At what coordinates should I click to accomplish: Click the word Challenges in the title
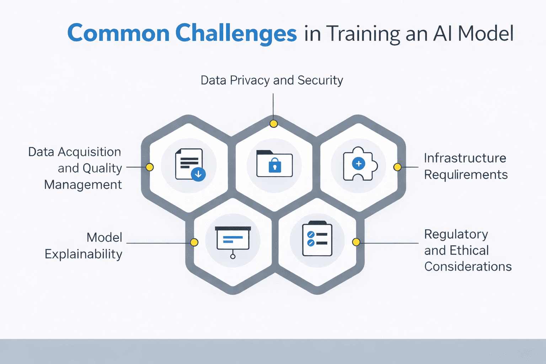pyautogui.click(x=236, y=33)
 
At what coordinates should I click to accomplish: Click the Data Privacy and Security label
pyautogui.click(x=272, y=80)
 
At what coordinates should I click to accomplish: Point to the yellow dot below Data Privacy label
pyautogui.click(x=273, y=124)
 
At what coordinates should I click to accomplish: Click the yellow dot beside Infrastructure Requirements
pyautogui.click(x=397, y=167)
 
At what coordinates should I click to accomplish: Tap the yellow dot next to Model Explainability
pyautogui.click(x=194, y=242)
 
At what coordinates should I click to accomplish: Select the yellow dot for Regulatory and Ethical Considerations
pyautogui.click(x=356, y=242)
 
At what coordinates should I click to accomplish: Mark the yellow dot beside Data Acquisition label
pyautogui.click(x=150, y=167)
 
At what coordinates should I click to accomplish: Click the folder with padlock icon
pyautogui.click(x=274, y=164)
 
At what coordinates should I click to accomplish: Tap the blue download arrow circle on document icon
pyautogui.click(x=198, y=174)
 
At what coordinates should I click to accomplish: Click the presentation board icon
pyautogui.click(x=233, y=239)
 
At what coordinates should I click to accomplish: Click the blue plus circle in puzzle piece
pyautogui.click(x=358, y=164)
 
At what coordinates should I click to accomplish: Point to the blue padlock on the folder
pyautogui.click(x=274, y=166)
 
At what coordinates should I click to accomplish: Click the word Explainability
pyautogui.click(x=84, y=255)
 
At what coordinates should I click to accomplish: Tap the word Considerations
pyautogui.click(x=468, y=267)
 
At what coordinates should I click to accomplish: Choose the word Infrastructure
pyautogui.click(x=465, y=158)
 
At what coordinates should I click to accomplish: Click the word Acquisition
pyautogui.click(x=90, y=152)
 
